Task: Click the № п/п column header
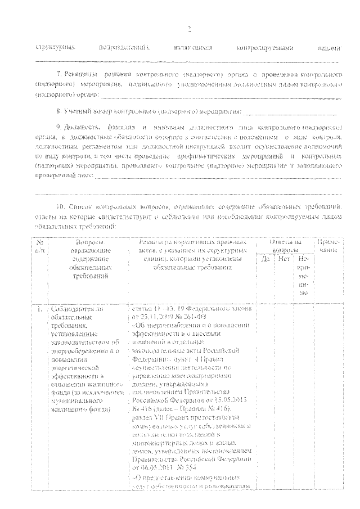[x=40, y=246]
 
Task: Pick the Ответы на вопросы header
[x=286, y=246]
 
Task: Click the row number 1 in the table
[x=39, y=310]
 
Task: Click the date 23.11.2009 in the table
[x=156, y=318]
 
